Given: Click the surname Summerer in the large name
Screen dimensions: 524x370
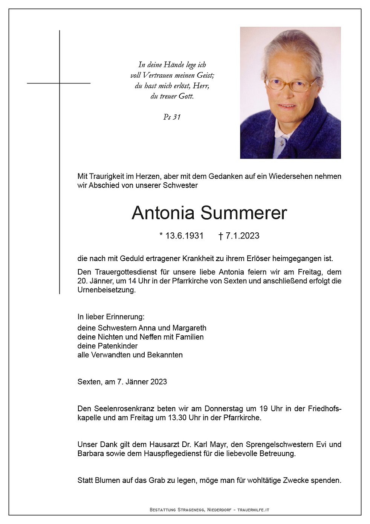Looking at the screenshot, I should point(243,213).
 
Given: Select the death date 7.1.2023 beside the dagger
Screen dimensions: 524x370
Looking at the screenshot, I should point(242,236).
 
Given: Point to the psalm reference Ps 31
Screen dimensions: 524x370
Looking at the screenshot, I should point(172,117).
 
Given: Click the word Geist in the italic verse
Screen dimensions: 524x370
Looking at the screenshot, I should point(205,75).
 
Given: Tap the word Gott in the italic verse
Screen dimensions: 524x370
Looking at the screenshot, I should point(186,96).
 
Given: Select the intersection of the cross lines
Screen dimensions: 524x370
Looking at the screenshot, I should point(60,83).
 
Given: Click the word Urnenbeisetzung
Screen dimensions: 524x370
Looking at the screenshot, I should point(106,290).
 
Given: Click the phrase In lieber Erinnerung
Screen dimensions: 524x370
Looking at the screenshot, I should point(111,317).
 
